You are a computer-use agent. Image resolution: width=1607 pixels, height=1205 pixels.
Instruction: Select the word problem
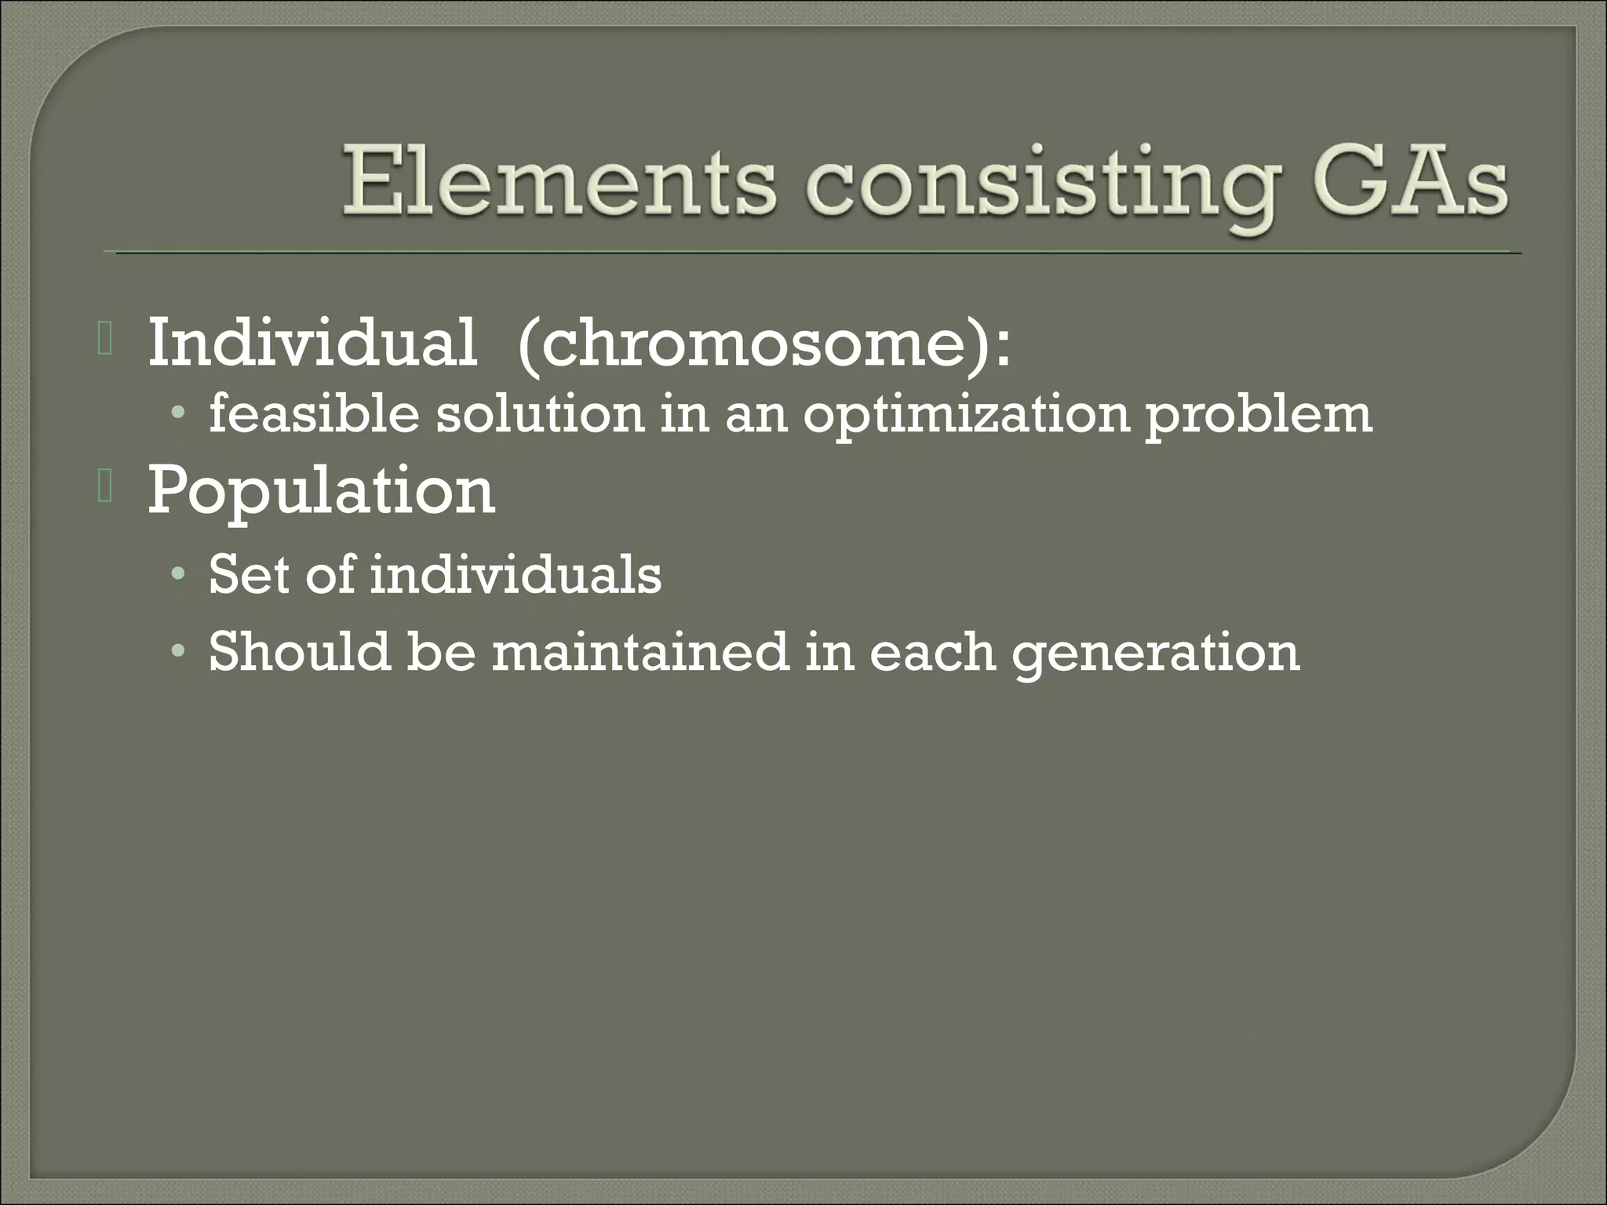(x=1259, y=416)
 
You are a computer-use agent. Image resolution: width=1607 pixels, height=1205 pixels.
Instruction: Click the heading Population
(x=321, y=491)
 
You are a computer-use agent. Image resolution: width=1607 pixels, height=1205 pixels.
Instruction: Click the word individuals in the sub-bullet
(x=516, y=574)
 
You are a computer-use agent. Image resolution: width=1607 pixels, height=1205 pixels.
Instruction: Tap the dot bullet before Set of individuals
(x=180, y=576)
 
